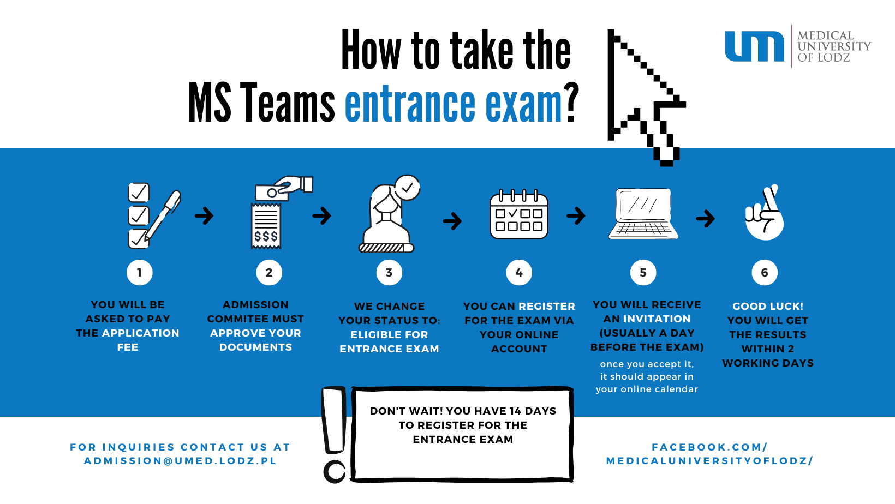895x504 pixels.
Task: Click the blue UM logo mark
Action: pos(754,47)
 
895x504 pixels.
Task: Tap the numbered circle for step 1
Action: pos(139,273)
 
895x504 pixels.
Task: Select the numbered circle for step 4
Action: pos(519,273)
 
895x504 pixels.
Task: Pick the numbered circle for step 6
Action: pos(765,273)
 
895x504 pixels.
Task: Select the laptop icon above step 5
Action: pos(644,214)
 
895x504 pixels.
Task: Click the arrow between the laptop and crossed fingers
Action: pos(705,219)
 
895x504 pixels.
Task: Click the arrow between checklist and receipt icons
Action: pos(204,215)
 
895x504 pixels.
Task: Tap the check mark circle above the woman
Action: pos(407,188)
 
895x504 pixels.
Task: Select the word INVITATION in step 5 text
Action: pos(657,319)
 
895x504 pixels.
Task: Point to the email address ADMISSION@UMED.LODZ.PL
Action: pos(180,461)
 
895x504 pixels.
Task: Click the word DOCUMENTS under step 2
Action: pos(255,347)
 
